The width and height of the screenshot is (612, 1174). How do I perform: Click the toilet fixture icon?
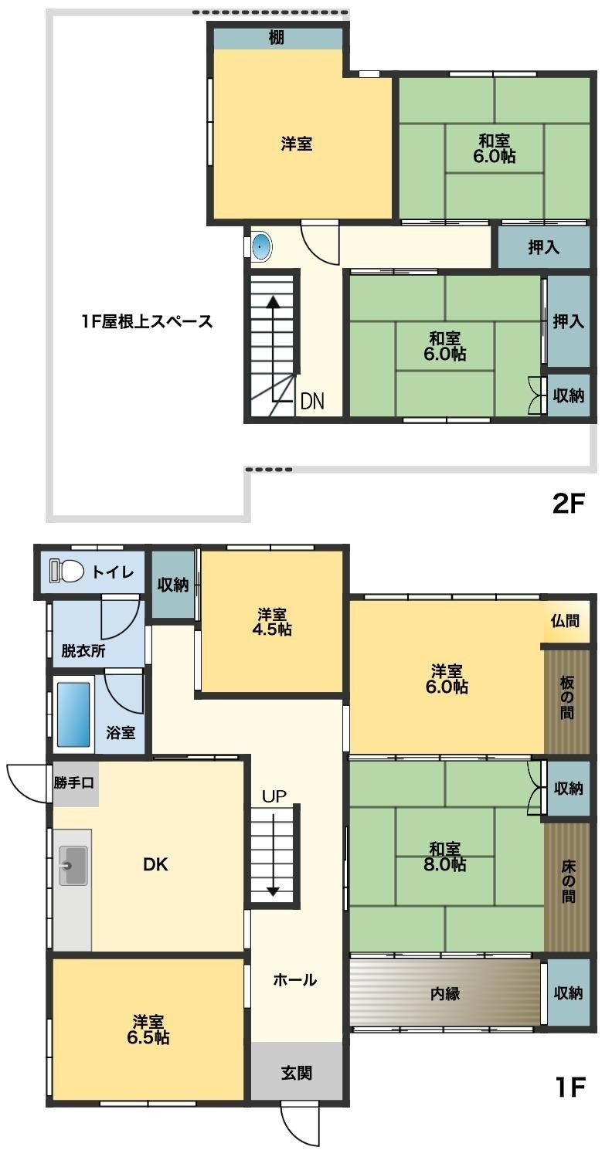pyautogui.click(x=67, y=572)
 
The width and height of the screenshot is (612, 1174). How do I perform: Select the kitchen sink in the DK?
pyautogui.click(x=73, y=866)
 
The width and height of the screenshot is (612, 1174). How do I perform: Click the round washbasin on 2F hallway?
pyautogui.click(x=263, y=247)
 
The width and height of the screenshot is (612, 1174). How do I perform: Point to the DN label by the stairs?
pyautogui.click(x=312, y=401)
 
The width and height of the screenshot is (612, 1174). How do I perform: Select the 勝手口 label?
pyautogui.click(x=75, y=782)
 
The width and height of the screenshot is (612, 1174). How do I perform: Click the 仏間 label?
pyautogui.click(x=566, y=621)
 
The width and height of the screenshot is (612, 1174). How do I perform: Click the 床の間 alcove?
pyautogui.click(x=567, y=887)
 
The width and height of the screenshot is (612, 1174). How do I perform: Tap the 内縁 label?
pyautogui.click(x=444, y=993)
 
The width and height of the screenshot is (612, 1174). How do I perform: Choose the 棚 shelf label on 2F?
pyautogui.click(x=277, y=37)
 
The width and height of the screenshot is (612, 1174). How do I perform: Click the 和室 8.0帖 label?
pyautogui.click(x=446, y=857)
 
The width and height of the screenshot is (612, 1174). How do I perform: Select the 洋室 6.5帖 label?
pyautogui.click(x=148, y=1030)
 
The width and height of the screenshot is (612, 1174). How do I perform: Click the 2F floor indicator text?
pyautogui.click(x=569, y=504)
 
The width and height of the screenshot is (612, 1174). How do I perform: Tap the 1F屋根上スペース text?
pyautogui.click(x=147, y=321)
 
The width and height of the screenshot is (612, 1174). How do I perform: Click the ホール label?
pyautogui.click(x=295, y=980)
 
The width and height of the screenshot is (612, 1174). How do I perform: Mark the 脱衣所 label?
pyautogui.click(x=83, y=651)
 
